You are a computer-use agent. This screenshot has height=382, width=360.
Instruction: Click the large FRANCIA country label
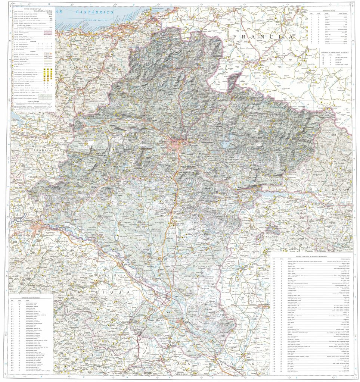point(261,37)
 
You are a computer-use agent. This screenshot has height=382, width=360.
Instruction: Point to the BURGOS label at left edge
point(16,179)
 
